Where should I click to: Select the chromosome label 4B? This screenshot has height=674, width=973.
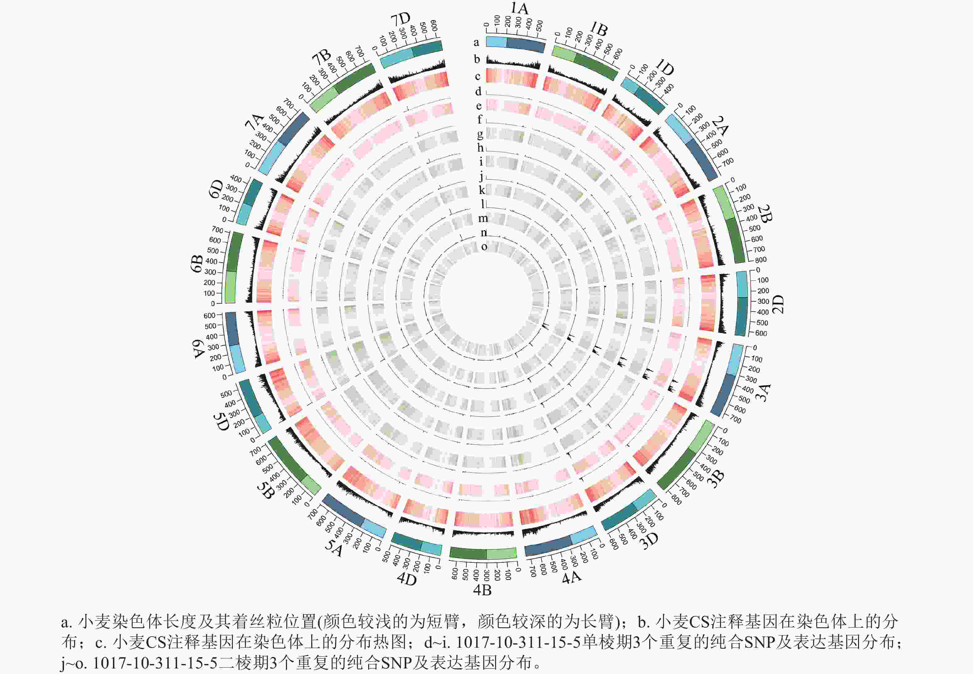[x=482, y=590]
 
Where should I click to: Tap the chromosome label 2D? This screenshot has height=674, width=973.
[x=777, y=304]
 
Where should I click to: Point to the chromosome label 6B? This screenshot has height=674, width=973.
[x=197, y=263]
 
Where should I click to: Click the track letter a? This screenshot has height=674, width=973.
[x=476, y=42]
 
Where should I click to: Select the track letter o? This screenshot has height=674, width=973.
[x=484, y=246]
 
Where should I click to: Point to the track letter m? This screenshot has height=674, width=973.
[x=483, y=218]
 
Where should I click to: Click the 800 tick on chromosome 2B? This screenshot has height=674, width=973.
[x=760, y=260]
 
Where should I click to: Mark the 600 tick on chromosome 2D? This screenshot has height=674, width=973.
[x=761, y=333]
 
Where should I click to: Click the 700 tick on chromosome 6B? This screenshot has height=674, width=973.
[x=217, y=230]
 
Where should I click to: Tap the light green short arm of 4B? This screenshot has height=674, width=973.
[x=501, y=553]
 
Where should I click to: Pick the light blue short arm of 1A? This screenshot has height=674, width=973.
[x=496, y=42]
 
